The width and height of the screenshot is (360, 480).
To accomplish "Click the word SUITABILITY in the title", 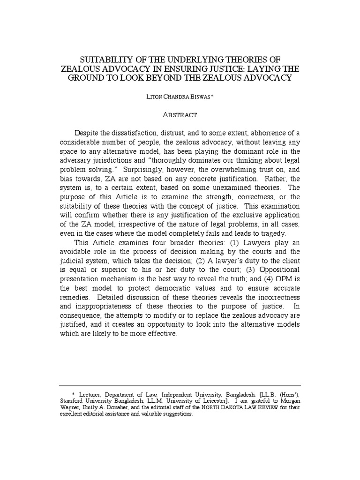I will pos(102,60).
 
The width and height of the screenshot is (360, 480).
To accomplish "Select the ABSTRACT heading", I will pos(180,114).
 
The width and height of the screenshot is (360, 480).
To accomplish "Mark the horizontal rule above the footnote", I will pos(180,384).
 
